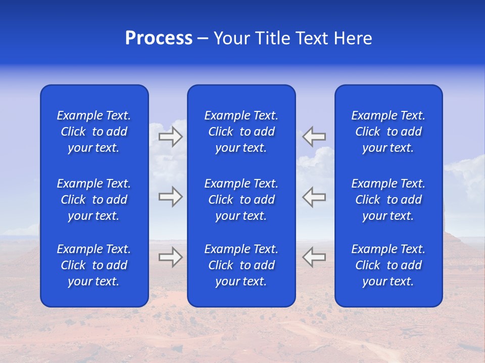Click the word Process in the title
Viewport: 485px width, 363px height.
159,38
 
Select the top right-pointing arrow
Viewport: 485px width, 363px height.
170,137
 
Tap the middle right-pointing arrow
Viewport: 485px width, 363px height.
170,197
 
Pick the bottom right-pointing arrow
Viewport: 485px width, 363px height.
170,257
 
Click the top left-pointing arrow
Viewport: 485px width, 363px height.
314,137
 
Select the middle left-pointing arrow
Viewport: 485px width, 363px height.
314,197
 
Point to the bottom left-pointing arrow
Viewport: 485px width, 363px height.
314,257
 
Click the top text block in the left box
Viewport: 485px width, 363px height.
94,132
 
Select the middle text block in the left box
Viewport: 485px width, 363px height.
94,200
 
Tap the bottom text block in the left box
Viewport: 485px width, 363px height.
94,265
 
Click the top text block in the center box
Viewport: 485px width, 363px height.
241,132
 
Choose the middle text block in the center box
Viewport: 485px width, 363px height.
241,200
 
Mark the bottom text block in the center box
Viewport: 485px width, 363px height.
241,265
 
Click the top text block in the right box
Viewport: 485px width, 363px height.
389,132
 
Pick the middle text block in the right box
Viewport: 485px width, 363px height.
389,200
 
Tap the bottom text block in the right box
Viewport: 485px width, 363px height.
389,265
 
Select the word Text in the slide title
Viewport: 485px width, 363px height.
311,38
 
